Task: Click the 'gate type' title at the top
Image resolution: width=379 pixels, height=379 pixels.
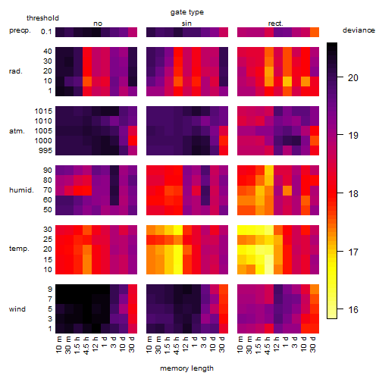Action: coord(187,12)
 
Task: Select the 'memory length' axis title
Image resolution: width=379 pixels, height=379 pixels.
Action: coord(186,368)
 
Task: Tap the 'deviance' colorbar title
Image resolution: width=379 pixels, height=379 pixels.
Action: coord(359,30)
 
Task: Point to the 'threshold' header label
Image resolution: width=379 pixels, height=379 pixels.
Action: coord(42,18)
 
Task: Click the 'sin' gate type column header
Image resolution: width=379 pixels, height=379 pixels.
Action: coord(186,23)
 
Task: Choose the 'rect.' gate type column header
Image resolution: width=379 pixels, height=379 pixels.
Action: coord(276,23)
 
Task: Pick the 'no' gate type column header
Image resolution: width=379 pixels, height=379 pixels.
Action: coord(98,23)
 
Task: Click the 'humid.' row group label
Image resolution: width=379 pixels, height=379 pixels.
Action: coord(21,190)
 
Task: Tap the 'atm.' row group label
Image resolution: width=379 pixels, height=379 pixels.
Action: coord(17,131)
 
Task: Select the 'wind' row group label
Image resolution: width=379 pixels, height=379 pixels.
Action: coord(17,309)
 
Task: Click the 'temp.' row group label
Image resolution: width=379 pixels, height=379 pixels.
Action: coord(19,249)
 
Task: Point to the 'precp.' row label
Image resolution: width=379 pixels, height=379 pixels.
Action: coord(20,30)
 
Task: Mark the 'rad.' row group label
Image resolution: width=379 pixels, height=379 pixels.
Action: coord(16,71)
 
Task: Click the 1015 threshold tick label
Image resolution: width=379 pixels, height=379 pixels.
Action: coord(43,111)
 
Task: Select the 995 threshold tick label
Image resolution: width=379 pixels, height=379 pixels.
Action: coord(45,151)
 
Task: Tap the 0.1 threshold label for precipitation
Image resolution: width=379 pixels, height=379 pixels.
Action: coord(46,32)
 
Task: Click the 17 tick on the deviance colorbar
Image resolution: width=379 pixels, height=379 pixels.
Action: coord(353,252)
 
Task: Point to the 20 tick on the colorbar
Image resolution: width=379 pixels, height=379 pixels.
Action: coord(353,78)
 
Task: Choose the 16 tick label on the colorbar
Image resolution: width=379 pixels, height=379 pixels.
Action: coord(353,309)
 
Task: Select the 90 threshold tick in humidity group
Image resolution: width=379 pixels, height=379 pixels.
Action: coord(48,171)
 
